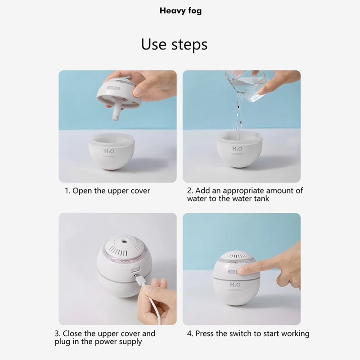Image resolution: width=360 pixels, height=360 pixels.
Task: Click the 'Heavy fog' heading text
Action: (180, 11)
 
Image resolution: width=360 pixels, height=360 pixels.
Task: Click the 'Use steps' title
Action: (174, 44)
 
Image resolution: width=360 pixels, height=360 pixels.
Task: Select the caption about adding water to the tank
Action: (245, 194)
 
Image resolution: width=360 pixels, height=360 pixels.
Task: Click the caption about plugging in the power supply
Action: (105, 337)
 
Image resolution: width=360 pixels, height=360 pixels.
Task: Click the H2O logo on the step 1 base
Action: (109, 151)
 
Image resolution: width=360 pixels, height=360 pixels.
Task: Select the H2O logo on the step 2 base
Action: (237, 149)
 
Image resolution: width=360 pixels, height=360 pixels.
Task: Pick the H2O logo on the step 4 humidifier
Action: (235, 285)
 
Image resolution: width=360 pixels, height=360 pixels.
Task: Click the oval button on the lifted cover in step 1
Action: (113, 89)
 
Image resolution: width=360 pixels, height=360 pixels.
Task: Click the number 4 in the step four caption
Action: (189, 333)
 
